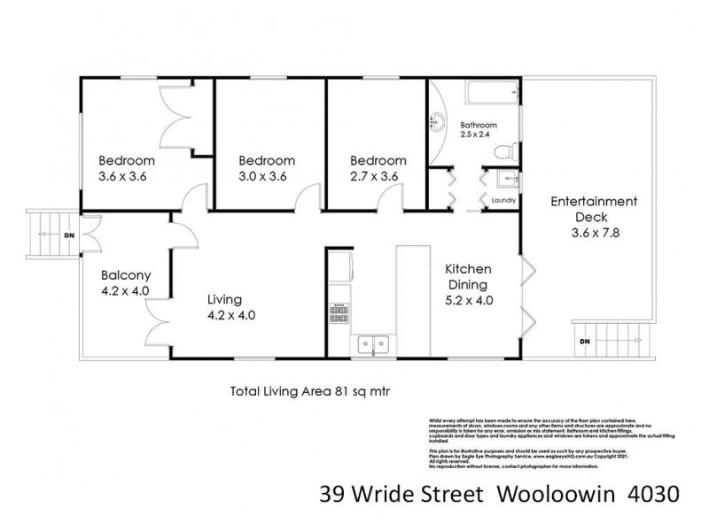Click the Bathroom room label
479,125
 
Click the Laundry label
503,201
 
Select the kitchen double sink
372,342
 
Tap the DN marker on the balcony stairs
69,236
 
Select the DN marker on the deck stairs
584,342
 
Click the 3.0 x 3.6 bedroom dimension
266,176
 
